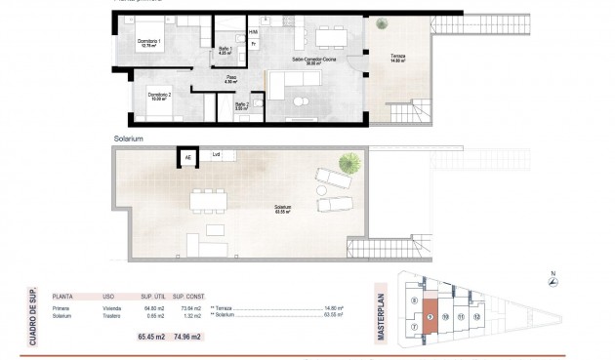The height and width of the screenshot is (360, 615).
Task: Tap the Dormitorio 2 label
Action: pyautogui.click(x=160, y=95)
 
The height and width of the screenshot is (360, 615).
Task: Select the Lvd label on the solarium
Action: pyautogui.click(x=216, y=154)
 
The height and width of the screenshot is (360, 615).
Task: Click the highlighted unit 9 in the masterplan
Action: pyautogui.click(x=430, y=316)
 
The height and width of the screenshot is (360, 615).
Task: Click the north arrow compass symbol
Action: pyautogui.click(x=552, y=281)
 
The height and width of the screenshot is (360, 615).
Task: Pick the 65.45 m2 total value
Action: pyautogui.click(x=149, y=335)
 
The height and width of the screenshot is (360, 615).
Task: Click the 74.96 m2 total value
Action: pyautogui.click(x=188, y=335)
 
